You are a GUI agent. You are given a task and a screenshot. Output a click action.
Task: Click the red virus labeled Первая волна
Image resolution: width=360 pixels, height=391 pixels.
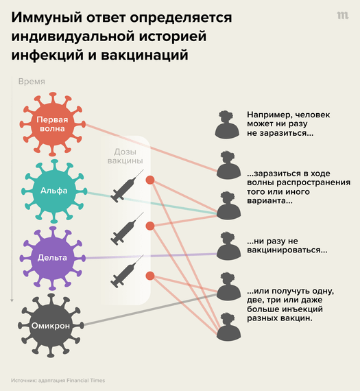(x=52, y=124)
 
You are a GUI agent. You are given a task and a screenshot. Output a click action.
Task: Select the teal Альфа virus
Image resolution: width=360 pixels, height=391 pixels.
(x=54, y=191)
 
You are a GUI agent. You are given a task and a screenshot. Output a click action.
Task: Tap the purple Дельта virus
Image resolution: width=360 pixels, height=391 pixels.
(x=52, y=259)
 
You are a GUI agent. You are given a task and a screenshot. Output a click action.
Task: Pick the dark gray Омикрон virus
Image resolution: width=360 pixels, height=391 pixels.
(x=51, y=326)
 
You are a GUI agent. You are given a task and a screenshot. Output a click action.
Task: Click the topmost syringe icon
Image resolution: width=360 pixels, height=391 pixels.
(x=127, y=186)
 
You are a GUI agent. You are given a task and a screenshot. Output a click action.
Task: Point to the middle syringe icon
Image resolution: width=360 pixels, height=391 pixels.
(x=127, y=228)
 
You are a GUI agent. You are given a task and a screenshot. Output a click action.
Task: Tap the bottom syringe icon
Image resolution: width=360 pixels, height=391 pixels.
(x=127, y=272)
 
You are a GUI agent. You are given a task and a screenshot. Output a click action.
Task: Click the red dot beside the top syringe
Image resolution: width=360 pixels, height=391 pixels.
(x=150, y=180)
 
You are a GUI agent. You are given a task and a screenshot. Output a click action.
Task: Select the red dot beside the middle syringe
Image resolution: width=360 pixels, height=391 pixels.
(x=150, y=226)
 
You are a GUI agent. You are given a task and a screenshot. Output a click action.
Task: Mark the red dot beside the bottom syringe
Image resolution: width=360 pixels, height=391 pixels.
(x=150, y=276)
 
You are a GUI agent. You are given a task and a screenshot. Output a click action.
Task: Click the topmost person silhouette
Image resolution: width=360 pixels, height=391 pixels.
(x=227, y=124)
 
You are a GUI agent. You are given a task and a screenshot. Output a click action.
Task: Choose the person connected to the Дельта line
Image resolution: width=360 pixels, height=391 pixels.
(x=228, y=246)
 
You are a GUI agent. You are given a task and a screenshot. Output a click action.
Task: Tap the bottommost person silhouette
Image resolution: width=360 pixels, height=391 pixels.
(x=228, y=327)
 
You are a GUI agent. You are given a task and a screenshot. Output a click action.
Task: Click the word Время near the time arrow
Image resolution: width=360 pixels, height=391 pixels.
(x=32, y=82)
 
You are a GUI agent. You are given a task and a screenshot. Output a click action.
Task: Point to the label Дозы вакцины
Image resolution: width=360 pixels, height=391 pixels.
(x=125, y=156)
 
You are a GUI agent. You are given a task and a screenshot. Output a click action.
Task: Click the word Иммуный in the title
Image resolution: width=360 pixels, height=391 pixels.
(x=47, y=18)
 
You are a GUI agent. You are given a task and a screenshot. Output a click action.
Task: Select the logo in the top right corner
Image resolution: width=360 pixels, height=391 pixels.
(x=343, y=16)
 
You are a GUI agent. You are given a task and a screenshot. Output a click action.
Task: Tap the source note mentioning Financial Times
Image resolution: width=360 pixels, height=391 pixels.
(x=58, y=381)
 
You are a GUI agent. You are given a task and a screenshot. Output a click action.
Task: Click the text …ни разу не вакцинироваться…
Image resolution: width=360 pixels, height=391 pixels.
(x=287, y=246)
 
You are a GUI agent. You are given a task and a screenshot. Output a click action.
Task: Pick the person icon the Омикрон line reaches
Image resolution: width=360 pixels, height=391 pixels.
(x=228, y=287)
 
